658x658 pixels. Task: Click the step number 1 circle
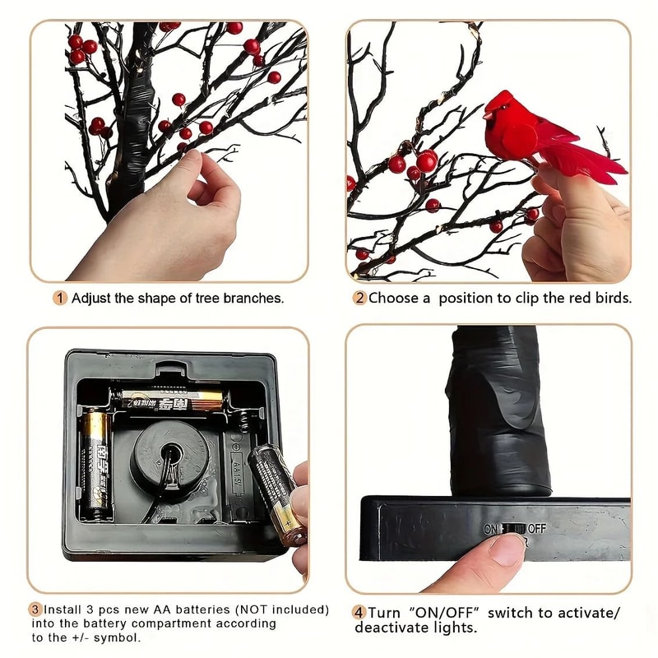pyautogui.click(x=60, y=298)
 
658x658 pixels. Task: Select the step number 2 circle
pyautogui.click(x=359, y=298)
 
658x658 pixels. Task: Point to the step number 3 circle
pyautogui.click(x=35, y=610)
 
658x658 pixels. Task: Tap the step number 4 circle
pyautogui.click(x=359, y=613)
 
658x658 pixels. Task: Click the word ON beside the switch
pyautogui.click(x=491, y=528)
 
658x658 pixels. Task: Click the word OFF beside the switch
pyautogui.click(x=536, y=528)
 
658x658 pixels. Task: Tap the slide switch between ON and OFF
pyautogui.click(x=513, y=528)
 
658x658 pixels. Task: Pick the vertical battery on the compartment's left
pyautogui.click(x=95, y=464)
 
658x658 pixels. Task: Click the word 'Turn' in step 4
pyautogui.click(x=383, y=613)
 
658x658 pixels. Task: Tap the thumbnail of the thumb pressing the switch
pyautogui.click(x=505, y=548)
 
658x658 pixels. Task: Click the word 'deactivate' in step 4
pyautogui.click(x=392, y=628)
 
